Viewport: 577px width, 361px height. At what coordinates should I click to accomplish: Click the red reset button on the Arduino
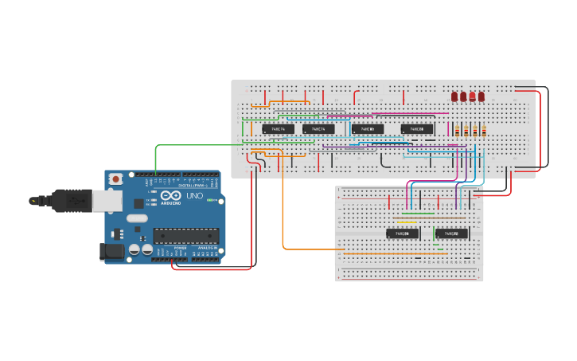click(x=117, y=179)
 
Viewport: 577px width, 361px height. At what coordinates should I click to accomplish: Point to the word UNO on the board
click(x=194, y=196)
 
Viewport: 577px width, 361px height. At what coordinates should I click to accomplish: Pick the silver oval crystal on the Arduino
click(x=136, y=218)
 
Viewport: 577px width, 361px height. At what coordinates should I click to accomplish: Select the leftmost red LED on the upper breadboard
click(x=454, y=96)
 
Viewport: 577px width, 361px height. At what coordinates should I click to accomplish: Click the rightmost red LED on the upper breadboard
click(x=481, y=96)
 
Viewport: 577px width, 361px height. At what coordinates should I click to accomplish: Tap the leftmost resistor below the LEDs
click(x=458, y=131)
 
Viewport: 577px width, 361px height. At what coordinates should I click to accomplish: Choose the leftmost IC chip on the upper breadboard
click(x=278, y=128)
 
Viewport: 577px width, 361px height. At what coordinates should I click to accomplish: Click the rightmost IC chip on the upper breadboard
click(x=417, y=128)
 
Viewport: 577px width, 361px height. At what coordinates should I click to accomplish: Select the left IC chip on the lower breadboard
click(x=403, y=233)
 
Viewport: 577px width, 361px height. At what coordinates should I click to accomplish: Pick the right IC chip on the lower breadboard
click(x=451, y=233)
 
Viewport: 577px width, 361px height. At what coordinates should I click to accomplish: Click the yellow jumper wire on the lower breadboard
click(x=406, y=222)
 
